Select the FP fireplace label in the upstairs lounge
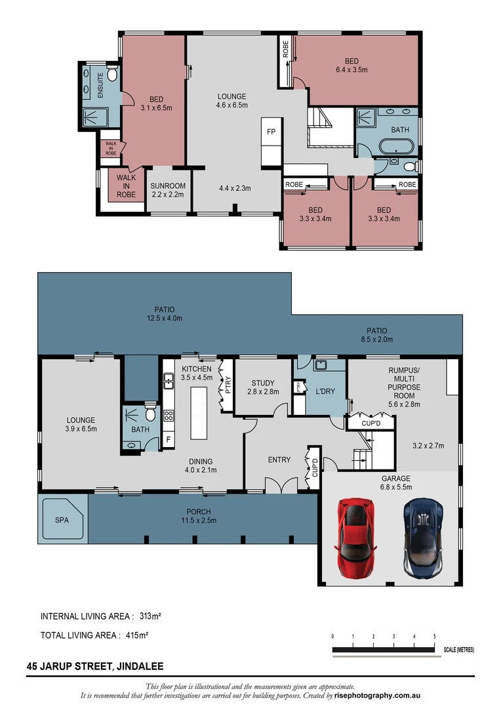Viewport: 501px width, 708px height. tap(271, 132)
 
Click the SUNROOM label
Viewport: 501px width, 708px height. tap(169, 186)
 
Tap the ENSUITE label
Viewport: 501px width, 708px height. tap(100, 87)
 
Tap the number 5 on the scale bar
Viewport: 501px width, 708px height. tap(434, 637)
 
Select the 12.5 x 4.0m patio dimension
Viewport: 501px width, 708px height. tap(164, 319)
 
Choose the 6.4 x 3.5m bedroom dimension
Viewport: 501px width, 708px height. tap(351, 69)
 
